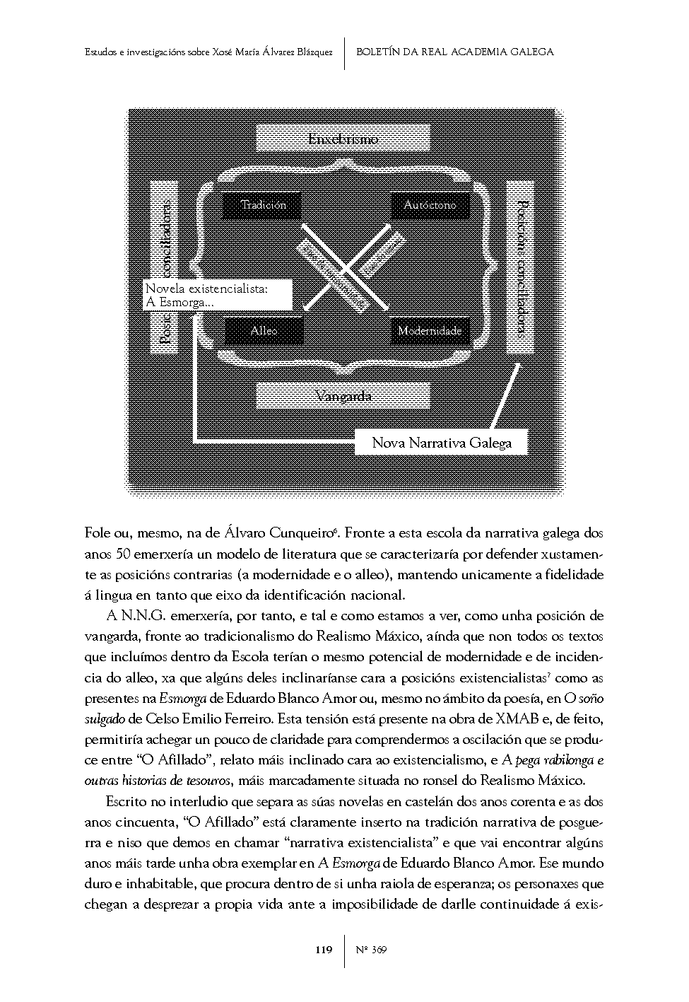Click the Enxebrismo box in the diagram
pyautogui.click(x=343, y=139)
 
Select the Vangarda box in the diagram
pyautogui.click(x=343, y=396)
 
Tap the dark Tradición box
pyautogui.click(x=263, y=205)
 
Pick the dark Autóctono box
pyautogui.click(x=430, y=205)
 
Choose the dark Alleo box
pyautogui.click(x=264, y=330)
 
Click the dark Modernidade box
pyautogui.click(x=430, y=330)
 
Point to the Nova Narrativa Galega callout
pyautogui.click(x=441, y=443)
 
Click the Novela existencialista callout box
pyautogui.click(x=217, y=296)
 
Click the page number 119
pyautogui.click(x=323, y=950)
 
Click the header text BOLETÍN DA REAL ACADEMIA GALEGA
pyautogui.click(x=454, y=52)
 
